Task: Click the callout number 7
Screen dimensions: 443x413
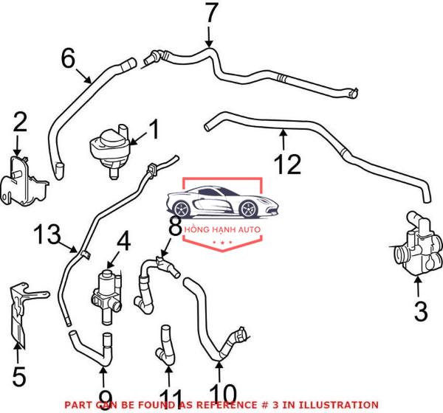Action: (x=212, y=13)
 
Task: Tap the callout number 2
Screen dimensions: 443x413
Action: (x=21, y=122)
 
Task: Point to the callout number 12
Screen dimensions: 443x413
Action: (x=288, y=164)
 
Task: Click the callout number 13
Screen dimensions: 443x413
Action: (x=47, y=234)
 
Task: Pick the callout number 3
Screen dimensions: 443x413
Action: (x=421, y=310)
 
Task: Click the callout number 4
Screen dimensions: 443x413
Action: (x=124, y=241)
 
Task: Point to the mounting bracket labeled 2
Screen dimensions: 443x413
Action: (x=24, y=181)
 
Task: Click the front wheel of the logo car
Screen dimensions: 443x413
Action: (x=248, y=209)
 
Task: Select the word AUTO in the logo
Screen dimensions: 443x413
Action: (x=249, y=229)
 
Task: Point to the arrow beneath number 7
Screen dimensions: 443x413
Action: (x=209, y=37)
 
